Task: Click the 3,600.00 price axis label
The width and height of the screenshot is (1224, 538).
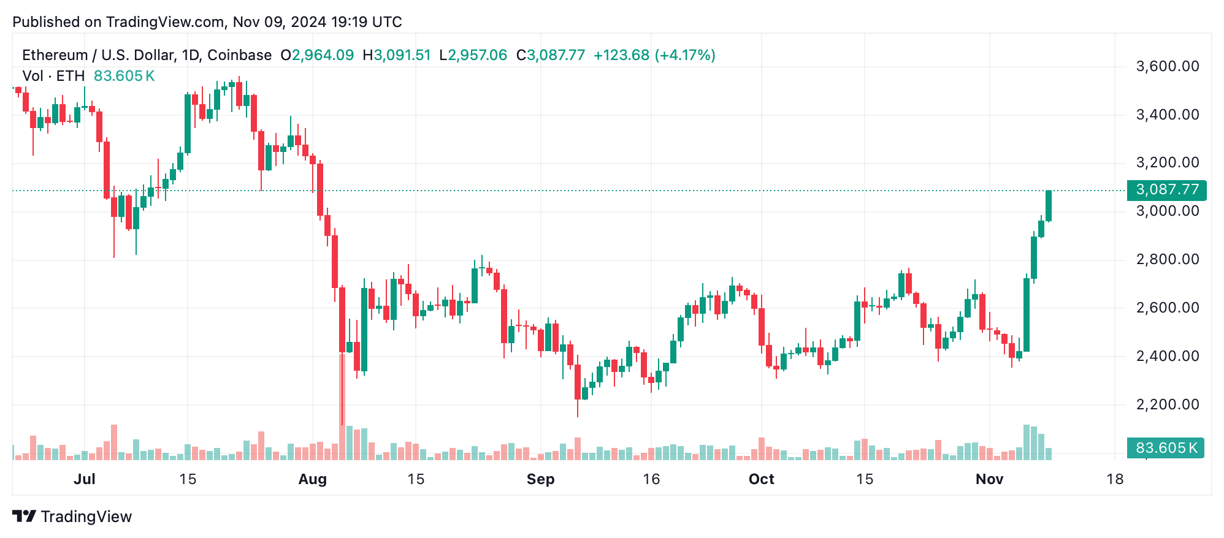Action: (1167, 66)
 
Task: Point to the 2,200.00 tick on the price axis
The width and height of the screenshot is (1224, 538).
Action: (1167, 404)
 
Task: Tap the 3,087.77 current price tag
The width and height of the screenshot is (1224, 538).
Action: (1166, 190)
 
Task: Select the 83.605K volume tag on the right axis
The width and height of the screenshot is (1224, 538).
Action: (1166, 448)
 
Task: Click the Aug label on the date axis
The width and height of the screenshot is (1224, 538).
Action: (312, 479)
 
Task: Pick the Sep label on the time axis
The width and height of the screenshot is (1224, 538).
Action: (540, 479)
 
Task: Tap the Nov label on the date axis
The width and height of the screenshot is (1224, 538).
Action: (989, 479)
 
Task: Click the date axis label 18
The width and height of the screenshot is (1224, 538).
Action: (1114, 479)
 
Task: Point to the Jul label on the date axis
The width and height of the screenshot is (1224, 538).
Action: (84, 479)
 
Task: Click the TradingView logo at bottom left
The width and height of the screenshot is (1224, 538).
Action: (72, 517)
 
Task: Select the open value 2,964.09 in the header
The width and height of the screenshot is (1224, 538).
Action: (323, 55)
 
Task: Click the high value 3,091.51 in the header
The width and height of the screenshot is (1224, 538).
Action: (402, 55)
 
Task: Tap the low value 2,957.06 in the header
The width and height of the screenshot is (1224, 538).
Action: (477, 55)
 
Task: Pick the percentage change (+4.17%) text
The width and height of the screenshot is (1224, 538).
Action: (685, 55)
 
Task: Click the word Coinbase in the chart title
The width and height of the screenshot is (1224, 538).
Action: (239, 55)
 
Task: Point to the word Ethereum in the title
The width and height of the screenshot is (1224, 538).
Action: (55, 55)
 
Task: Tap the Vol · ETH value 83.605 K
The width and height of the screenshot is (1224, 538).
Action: (124, 76)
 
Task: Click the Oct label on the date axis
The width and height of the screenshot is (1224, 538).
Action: (761, 479)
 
